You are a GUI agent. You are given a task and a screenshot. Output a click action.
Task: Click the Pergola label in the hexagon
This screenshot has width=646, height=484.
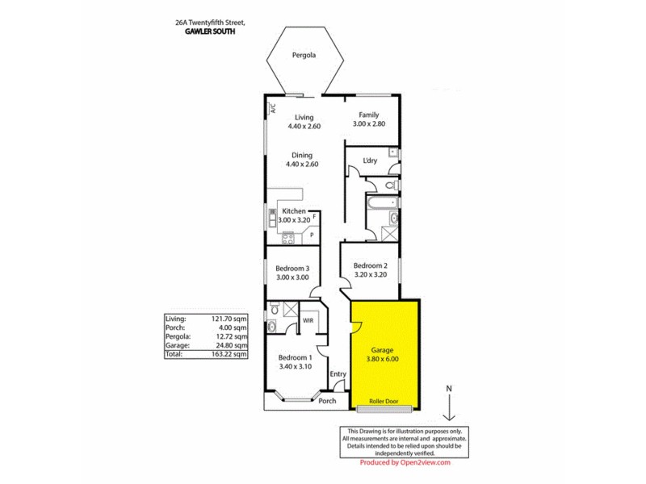point(304,56)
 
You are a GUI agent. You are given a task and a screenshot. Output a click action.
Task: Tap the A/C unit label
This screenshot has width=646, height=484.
point(273,109)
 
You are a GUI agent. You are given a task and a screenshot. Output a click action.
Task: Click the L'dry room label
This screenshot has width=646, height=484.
point(370,161)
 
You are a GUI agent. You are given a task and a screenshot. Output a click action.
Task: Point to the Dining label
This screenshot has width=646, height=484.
point(304,154)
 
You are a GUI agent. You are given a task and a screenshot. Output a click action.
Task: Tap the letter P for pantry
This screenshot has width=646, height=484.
point(312,236)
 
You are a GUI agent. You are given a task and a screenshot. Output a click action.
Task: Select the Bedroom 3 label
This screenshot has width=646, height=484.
point(292,268)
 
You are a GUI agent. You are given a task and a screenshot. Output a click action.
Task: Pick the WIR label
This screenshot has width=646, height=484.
point(308,320)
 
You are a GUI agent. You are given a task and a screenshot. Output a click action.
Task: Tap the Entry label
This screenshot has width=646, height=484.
point(338,373)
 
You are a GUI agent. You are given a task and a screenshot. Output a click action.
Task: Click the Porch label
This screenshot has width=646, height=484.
point(327,401)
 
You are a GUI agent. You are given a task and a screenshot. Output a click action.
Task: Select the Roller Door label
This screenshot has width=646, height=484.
point(384,401)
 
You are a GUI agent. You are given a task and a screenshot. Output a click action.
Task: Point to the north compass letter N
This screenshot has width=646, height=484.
point(449,389)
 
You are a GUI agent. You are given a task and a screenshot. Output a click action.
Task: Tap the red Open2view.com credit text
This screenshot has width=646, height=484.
point(405,462)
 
